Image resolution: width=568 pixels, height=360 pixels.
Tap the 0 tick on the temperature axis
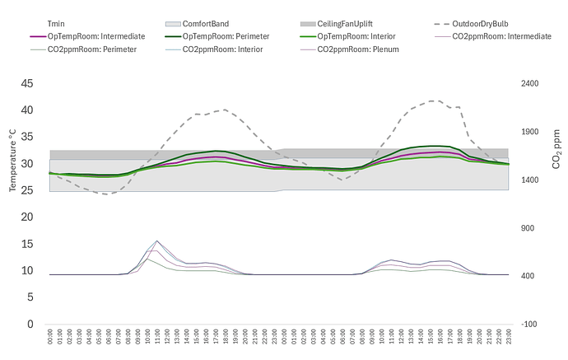30,325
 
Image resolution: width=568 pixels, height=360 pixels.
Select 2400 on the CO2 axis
530,83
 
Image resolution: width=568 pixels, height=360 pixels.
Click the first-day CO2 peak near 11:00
156,241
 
